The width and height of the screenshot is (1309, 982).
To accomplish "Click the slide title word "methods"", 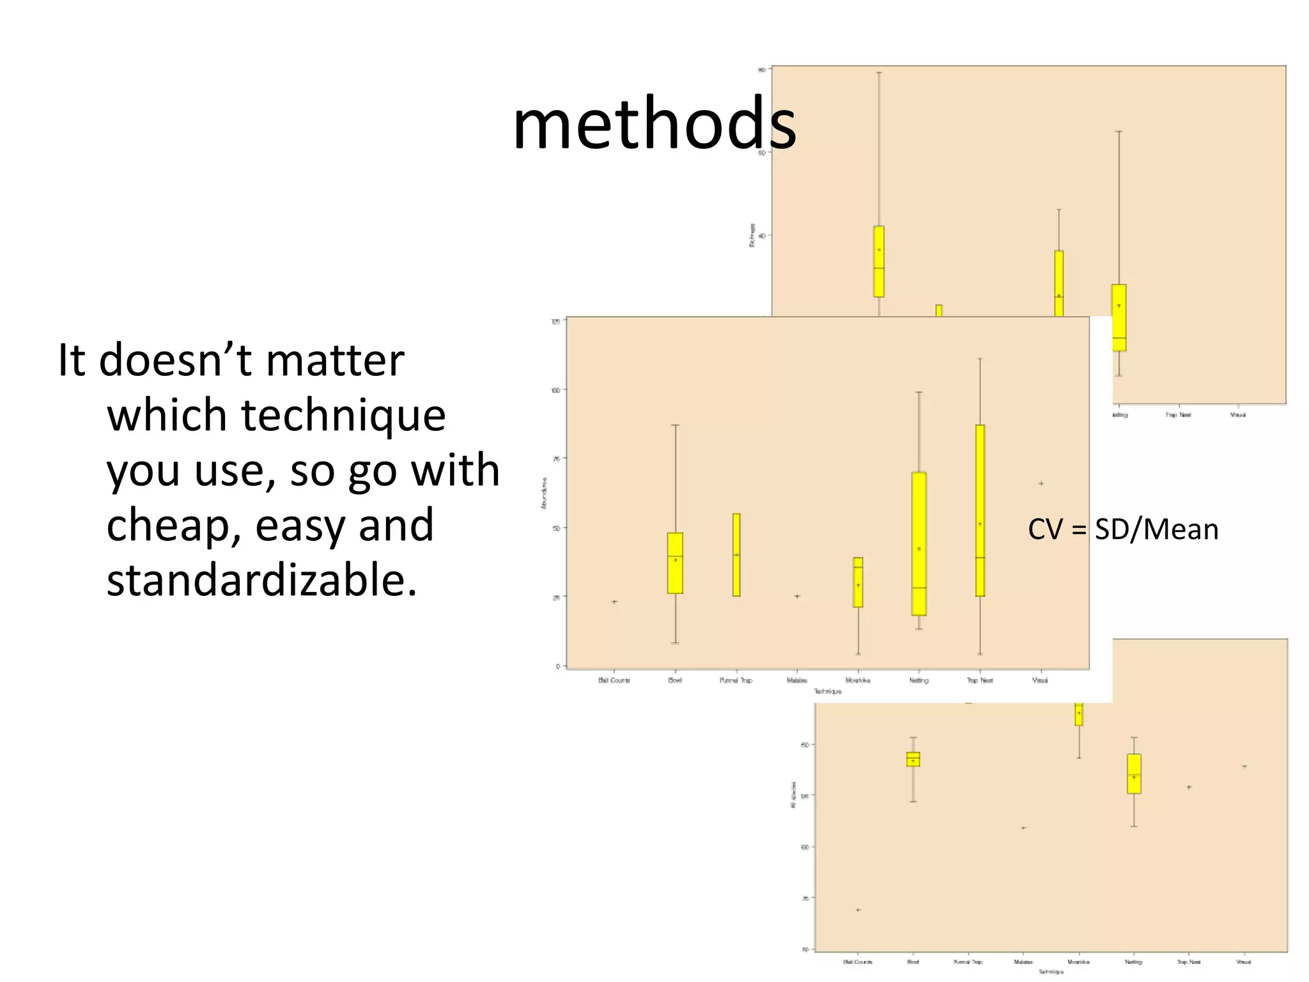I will coord(654,123).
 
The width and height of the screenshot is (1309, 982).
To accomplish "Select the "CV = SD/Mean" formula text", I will coord(1123,529).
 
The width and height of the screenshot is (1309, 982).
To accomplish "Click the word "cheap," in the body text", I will coord(173,525).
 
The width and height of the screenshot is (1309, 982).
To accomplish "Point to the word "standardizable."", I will coord(261,579).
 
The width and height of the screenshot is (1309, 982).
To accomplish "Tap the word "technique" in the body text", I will coord(343,415).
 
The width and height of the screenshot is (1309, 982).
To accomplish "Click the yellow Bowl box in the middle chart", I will coord(675,563).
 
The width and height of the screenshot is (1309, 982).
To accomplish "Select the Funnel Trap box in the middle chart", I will coord(736,555).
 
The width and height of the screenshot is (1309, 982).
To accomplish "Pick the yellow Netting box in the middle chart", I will coord(919,543).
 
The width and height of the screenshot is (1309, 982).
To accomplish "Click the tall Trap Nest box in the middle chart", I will coord(980,510).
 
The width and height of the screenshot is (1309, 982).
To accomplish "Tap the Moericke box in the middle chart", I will coord(858,582).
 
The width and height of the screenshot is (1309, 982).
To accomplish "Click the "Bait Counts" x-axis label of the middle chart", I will coord(614,680).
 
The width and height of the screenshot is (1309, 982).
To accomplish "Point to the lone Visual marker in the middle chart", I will coord(1041,483).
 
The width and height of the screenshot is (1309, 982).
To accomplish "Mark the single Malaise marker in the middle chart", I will coord(797,596).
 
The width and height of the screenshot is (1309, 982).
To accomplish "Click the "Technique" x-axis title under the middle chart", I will coord(828,692).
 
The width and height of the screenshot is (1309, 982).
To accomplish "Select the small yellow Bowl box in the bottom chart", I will coord(913,759).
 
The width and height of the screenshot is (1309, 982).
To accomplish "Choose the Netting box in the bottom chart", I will coord(1134,774).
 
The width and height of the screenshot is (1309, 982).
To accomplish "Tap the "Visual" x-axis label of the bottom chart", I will coord(1243,962).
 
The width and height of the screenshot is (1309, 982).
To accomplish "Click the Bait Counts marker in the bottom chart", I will coord(858,910).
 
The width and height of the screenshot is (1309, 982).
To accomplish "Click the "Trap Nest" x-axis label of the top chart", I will coord(1178,415).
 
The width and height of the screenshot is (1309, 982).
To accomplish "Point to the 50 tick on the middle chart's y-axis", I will coord(556,528).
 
